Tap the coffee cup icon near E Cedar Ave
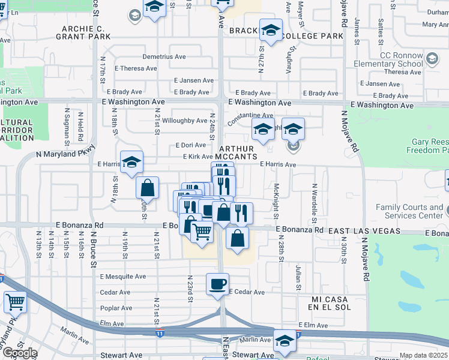[x=217, y=284]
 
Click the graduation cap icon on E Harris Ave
[x=131, y=161]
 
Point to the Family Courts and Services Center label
[x=409, y=211]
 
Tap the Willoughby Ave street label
[x=185, y=121]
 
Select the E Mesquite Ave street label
[x=123, y=277]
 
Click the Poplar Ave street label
[x=116, y=308]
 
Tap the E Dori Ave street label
[x=190, y=145]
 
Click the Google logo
[x=20, y=353]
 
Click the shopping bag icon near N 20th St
[x=147, y=188]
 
